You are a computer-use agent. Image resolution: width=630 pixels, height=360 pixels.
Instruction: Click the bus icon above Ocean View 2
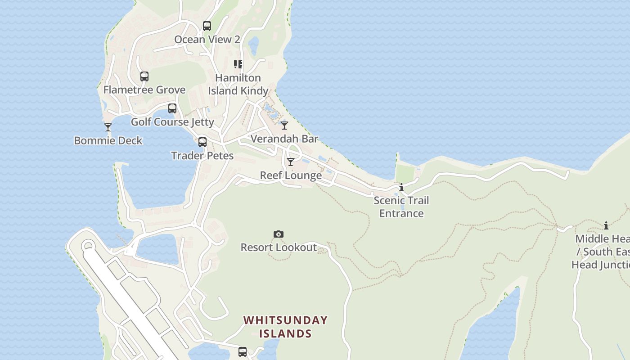[x=207, y=26]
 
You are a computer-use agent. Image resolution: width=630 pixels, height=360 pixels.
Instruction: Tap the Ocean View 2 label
[x=207, y=40]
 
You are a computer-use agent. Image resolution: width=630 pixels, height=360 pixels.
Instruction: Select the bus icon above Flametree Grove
[x=144, y=76]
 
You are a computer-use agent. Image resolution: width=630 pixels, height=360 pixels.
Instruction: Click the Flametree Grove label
[x=144, y=90]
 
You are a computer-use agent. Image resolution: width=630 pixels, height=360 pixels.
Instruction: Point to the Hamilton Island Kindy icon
[x=238, y=64]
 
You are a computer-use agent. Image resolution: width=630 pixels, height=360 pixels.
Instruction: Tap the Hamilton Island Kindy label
[x=238, y=84]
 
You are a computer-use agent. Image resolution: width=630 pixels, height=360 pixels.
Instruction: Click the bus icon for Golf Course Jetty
[x=172, y=108]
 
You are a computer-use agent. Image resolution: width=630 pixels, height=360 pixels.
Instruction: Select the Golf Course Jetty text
[x=172, y=122]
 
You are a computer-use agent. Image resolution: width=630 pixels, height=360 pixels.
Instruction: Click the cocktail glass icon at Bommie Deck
[x=108, y=127]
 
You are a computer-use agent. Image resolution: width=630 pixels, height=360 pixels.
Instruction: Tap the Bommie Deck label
[x=108, y=141]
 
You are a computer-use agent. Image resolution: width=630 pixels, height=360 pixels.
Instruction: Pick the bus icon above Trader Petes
[x=202, y=142]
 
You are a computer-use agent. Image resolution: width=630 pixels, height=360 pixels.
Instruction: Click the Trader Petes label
[x=202, y=156]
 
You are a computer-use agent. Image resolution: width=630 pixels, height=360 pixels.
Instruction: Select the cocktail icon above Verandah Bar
[x=284, y=126]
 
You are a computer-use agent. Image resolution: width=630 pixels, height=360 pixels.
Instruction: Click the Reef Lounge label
[x=291, y=175]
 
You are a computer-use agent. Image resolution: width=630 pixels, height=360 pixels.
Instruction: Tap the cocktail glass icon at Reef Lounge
[x=291, y=162]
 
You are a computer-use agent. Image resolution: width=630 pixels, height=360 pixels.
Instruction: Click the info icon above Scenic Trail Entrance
[x=401, y=188]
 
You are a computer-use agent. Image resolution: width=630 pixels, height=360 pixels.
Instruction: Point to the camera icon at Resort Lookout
[x=279, y=234]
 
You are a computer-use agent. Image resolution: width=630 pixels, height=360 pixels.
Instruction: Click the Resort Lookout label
[x=279, y=247]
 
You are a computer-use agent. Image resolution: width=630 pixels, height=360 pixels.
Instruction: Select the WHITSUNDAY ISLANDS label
[x=285, y=327]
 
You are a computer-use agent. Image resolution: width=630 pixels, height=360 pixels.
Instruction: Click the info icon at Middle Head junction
[x=606, y=225]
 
